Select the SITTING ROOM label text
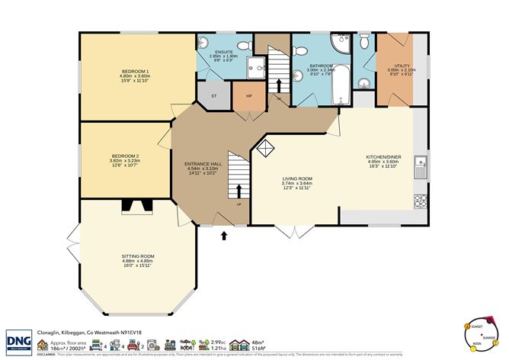point(138,256)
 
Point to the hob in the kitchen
point(420,201)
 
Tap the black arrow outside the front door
point(223,236)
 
